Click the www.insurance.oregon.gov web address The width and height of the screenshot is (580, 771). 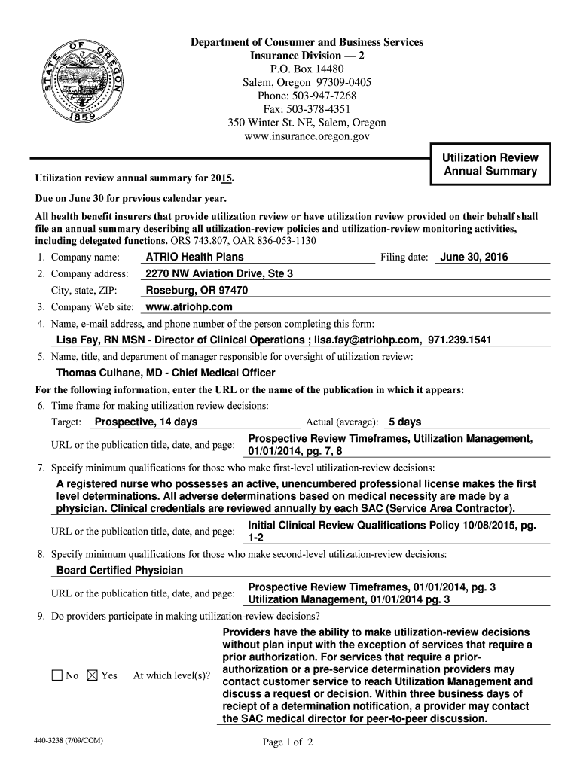tap(307, 136)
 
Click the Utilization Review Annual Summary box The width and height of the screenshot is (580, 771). tap(490, 164)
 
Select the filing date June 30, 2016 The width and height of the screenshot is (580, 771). tap(474, 257)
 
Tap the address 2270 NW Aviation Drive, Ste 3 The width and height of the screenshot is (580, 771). tap(219, 273)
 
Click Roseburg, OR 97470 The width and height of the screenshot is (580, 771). tap(197, 290)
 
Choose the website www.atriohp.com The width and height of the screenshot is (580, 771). tap(188, 306)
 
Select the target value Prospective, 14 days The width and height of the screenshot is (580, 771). tap(145, 422)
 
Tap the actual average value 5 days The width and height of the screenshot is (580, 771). tap(404, 422)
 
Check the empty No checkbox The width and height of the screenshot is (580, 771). tap(57, 675)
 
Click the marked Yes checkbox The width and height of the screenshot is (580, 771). tap(93, 675)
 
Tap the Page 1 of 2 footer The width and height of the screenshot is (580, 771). tap(287, 742)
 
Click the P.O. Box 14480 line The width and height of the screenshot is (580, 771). tap(307, 69)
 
